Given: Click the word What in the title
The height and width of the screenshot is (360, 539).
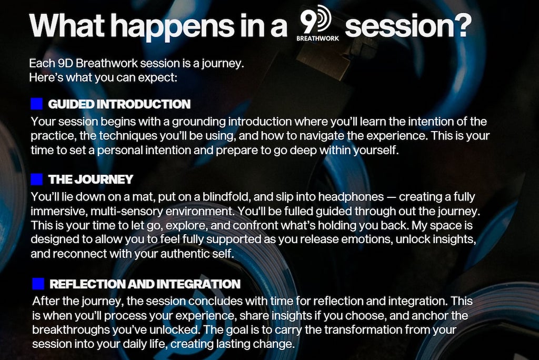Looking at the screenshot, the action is (x=67, y=25).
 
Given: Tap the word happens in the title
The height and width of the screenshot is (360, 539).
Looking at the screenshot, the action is (x=173, y=27).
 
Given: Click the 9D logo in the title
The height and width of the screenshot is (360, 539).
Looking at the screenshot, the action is (x=316, y=19).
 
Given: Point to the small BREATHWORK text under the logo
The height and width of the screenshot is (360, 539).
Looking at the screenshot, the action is (x=317, y=38).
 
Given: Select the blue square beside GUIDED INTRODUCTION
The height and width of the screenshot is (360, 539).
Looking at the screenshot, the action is (x=37, y=104).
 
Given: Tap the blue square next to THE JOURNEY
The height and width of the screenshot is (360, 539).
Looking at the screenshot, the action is (x=37, y=179).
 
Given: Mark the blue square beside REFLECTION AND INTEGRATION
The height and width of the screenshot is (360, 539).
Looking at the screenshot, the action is (x=38, y=284).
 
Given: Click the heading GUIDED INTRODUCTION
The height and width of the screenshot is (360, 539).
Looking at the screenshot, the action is (x=119, y=104).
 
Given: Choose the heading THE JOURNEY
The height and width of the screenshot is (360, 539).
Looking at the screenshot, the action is (x=91, y=179).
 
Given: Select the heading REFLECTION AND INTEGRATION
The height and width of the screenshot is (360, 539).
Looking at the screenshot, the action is (x=145, y=284).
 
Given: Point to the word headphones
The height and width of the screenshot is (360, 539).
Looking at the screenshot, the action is (x=351, y=197).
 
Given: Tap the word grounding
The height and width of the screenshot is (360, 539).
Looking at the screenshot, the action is (x=198, y=122).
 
